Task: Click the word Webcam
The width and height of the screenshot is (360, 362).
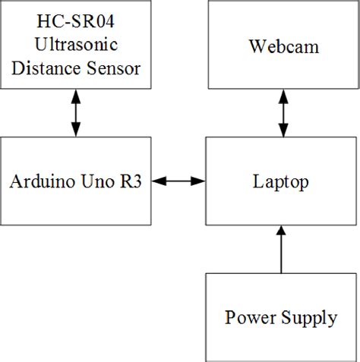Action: (283, 48)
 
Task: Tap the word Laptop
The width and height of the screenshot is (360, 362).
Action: (282, 182)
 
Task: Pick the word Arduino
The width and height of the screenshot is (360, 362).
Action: (44, 182)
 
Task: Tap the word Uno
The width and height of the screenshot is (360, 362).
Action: (100, 182)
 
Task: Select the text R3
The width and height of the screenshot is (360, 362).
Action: (134, 182)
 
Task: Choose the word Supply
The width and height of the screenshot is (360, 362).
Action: (309, 317)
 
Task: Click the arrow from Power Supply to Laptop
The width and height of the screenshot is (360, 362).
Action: (282, 250)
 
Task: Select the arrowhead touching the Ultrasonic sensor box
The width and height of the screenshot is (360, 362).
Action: (75, 95)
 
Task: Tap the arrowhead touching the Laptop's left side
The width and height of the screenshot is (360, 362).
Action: (200, 181)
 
